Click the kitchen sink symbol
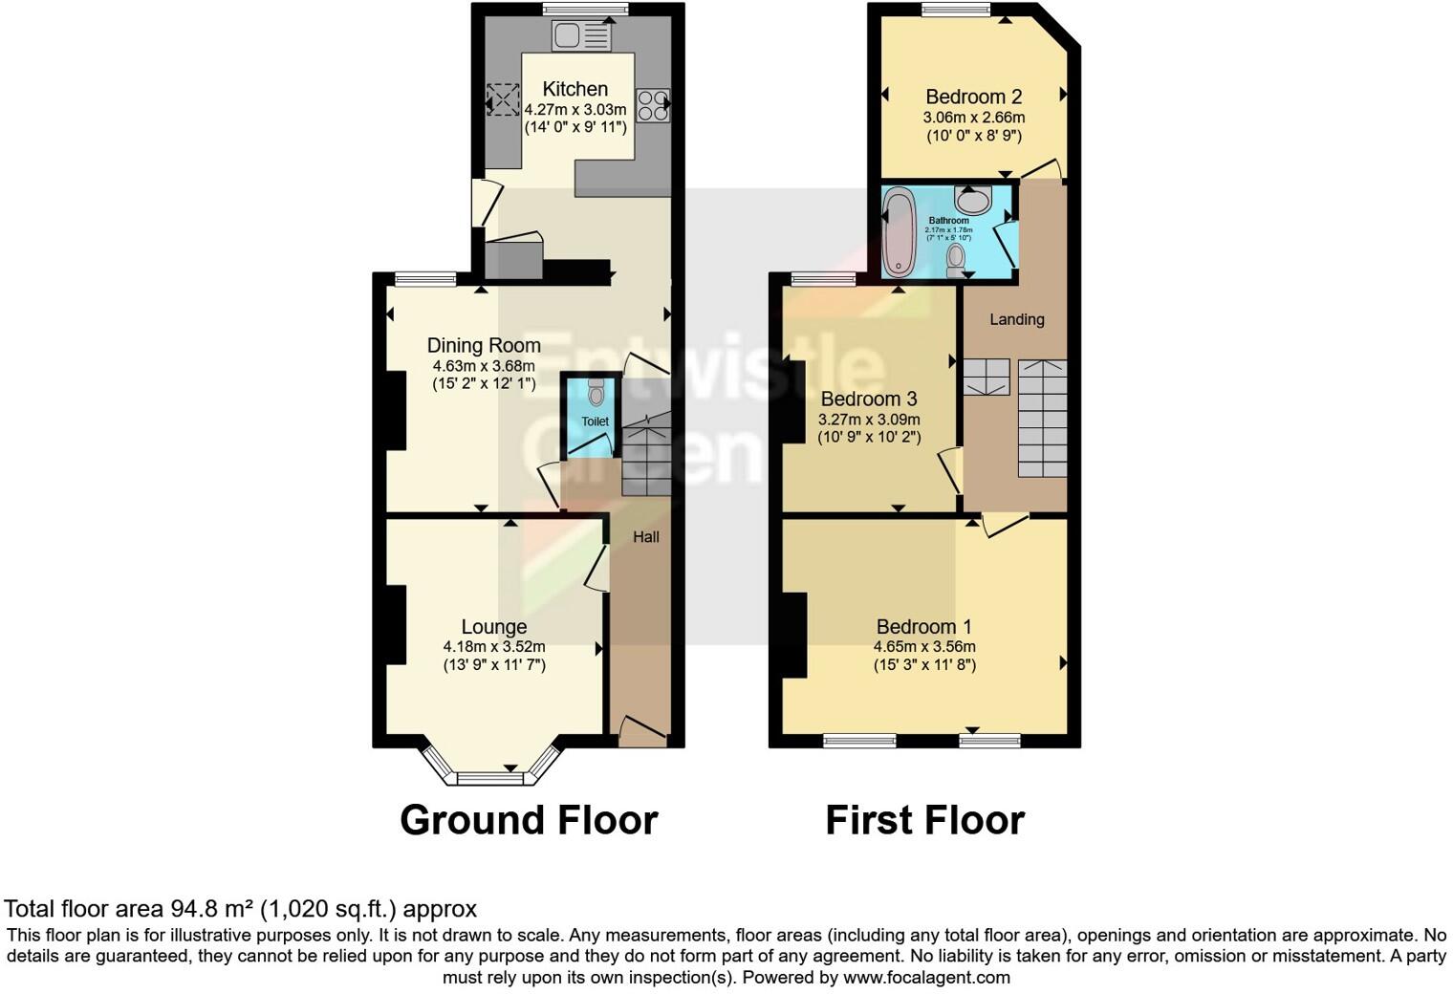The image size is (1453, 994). point(581,37)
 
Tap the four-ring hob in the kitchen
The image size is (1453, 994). point(653,105)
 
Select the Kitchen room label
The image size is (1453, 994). point(575,89)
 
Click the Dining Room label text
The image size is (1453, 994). point(484,345)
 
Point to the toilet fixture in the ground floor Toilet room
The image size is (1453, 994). point(596,392)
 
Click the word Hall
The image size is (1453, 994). point(646,537)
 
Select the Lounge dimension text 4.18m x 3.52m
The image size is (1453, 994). point(494,646)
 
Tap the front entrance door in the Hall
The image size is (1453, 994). point(641,731)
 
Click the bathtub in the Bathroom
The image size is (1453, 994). point(899,231)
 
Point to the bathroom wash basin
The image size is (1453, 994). point(972,200)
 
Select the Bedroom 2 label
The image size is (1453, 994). point(973,97)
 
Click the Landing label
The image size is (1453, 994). point(1016,319)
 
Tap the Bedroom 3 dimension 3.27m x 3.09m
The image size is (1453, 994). point(869,420)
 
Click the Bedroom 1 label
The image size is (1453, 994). point(923,627)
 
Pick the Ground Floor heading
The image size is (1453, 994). point(529,820)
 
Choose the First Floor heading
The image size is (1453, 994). point(924,820)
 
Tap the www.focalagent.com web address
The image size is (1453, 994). point(925,977)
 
